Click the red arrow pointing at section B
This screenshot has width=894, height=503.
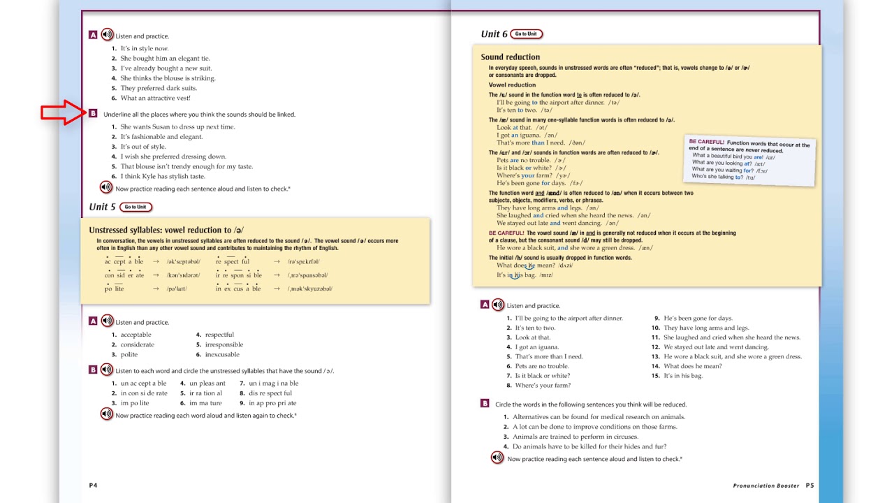tap(63, 112)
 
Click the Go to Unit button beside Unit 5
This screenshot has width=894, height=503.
tap(135, 207)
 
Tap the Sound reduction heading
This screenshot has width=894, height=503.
tap(510, 57)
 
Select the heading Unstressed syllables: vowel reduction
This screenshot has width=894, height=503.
tap(166, 230)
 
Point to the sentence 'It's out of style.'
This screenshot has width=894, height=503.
tap(143, 147)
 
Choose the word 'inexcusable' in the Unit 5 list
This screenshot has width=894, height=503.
tap(222, 354)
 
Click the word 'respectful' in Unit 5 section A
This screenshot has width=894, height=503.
tap(219, 335)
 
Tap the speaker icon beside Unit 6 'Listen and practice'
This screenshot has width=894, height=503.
tap(498, 305)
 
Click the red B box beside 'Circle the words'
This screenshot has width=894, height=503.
tap(485, 404)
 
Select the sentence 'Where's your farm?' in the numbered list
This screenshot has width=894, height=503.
tap(543, 386)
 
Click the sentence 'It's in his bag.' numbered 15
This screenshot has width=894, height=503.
tap(683, 376)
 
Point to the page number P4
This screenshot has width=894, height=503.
tap(93, 486)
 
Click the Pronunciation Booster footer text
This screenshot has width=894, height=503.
tap(765, 486)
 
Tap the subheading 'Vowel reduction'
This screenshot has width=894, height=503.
tap(512, 85)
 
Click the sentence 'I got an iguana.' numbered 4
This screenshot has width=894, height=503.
tap(536, 347)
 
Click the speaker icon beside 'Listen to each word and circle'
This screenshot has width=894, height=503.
tap(107, 370)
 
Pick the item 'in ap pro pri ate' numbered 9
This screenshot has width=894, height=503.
tap(272, 403)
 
